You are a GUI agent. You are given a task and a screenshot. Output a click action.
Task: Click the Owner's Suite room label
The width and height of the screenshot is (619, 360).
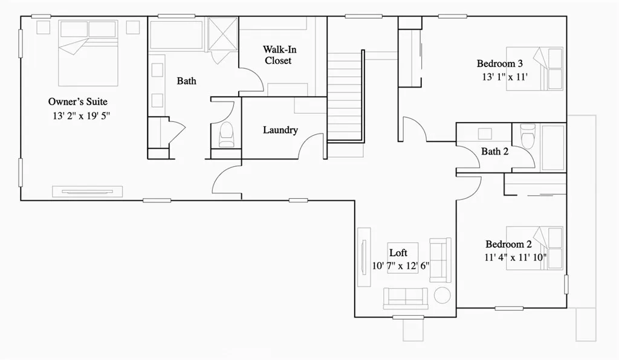(x=78, y=101)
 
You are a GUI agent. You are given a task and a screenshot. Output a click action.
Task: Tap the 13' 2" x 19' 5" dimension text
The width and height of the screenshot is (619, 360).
(x=81, y=115)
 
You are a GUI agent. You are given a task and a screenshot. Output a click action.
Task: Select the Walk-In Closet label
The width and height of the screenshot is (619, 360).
(x=279, y=55)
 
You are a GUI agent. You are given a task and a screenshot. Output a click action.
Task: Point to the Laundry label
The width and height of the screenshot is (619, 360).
(x=280, y=130)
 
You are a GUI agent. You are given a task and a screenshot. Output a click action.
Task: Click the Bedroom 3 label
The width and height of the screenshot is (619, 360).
(x=499, y=63)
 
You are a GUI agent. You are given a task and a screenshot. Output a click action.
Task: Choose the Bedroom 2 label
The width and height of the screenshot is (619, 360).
(x=508, y=245)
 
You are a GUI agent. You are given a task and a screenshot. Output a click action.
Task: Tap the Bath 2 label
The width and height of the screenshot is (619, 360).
(x=494, y=152)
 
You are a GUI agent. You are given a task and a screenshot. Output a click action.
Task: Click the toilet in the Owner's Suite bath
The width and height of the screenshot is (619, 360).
(x=227, y=135)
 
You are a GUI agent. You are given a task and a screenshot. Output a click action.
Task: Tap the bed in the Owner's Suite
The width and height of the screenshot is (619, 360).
(x=88, y=53)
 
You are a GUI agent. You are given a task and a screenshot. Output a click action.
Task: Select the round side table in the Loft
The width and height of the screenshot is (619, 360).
(x=442, y=295)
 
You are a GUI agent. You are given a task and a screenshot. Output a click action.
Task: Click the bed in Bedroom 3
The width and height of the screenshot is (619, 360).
(x=535, y=68)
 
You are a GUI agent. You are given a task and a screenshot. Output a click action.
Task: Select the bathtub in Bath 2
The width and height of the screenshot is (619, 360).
(x=553, y=147)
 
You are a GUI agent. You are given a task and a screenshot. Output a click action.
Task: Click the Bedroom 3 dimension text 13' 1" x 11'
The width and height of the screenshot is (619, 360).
(x=505, y=77)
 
